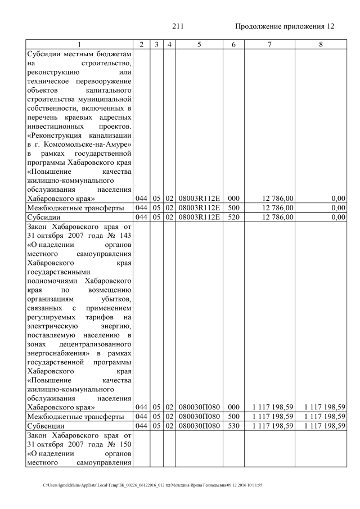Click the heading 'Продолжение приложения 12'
[x=284, y=26]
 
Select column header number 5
[x=199, y=44]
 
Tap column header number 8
[x=320, y=44]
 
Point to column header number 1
[x=79, y=44]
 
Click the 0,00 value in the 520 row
[x=338, y=217]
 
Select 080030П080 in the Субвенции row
[x=199, y=426]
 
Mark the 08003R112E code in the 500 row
[x=199, y=208]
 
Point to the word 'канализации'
[x=111, y=136]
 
